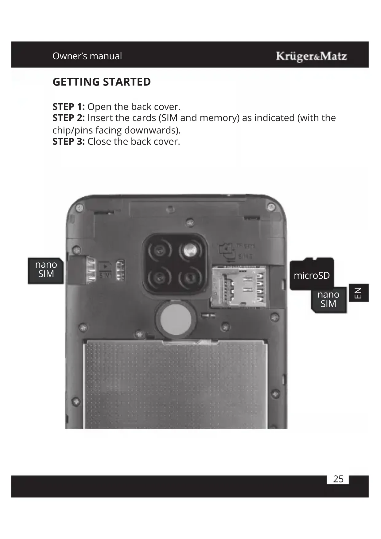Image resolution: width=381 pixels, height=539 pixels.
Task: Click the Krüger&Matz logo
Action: [311, 56]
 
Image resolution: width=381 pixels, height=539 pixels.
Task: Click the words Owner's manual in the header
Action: [87, 56]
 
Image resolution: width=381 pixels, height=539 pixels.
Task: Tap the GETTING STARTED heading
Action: [102, 82]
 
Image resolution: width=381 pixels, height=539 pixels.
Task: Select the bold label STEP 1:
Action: [68, 107]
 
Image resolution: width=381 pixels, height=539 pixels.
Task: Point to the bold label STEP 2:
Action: [68, 118]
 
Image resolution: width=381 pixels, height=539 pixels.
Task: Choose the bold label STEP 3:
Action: [68, 142]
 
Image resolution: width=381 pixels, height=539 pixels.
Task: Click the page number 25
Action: [338, 479]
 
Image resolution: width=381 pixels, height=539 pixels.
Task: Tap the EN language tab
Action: [359, 293]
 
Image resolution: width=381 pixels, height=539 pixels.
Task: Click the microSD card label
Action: [312, 275]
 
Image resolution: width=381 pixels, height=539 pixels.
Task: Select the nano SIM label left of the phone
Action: [46, 269]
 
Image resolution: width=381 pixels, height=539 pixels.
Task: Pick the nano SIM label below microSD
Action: [328, 299]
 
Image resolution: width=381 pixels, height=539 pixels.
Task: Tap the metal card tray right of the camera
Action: [239, 287]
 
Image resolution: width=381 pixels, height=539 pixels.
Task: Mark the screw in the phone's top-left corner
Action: [80, 208]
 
